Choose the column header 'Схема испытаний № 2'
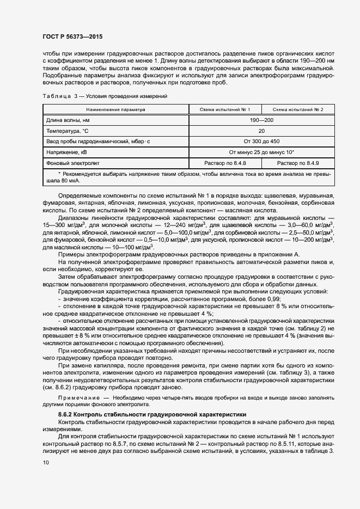(x=298, y=109)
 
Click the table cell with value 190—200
(x=261, y=120)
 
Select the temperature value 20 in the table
(x=261, y=131)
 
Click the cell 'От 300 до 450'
(x=261, y=142)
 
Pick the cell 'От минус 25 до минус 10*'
(x=261, y=152)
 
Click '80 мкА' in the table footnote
(x=71, y=180)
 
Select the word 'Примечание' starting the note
(x=77, y=398)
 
